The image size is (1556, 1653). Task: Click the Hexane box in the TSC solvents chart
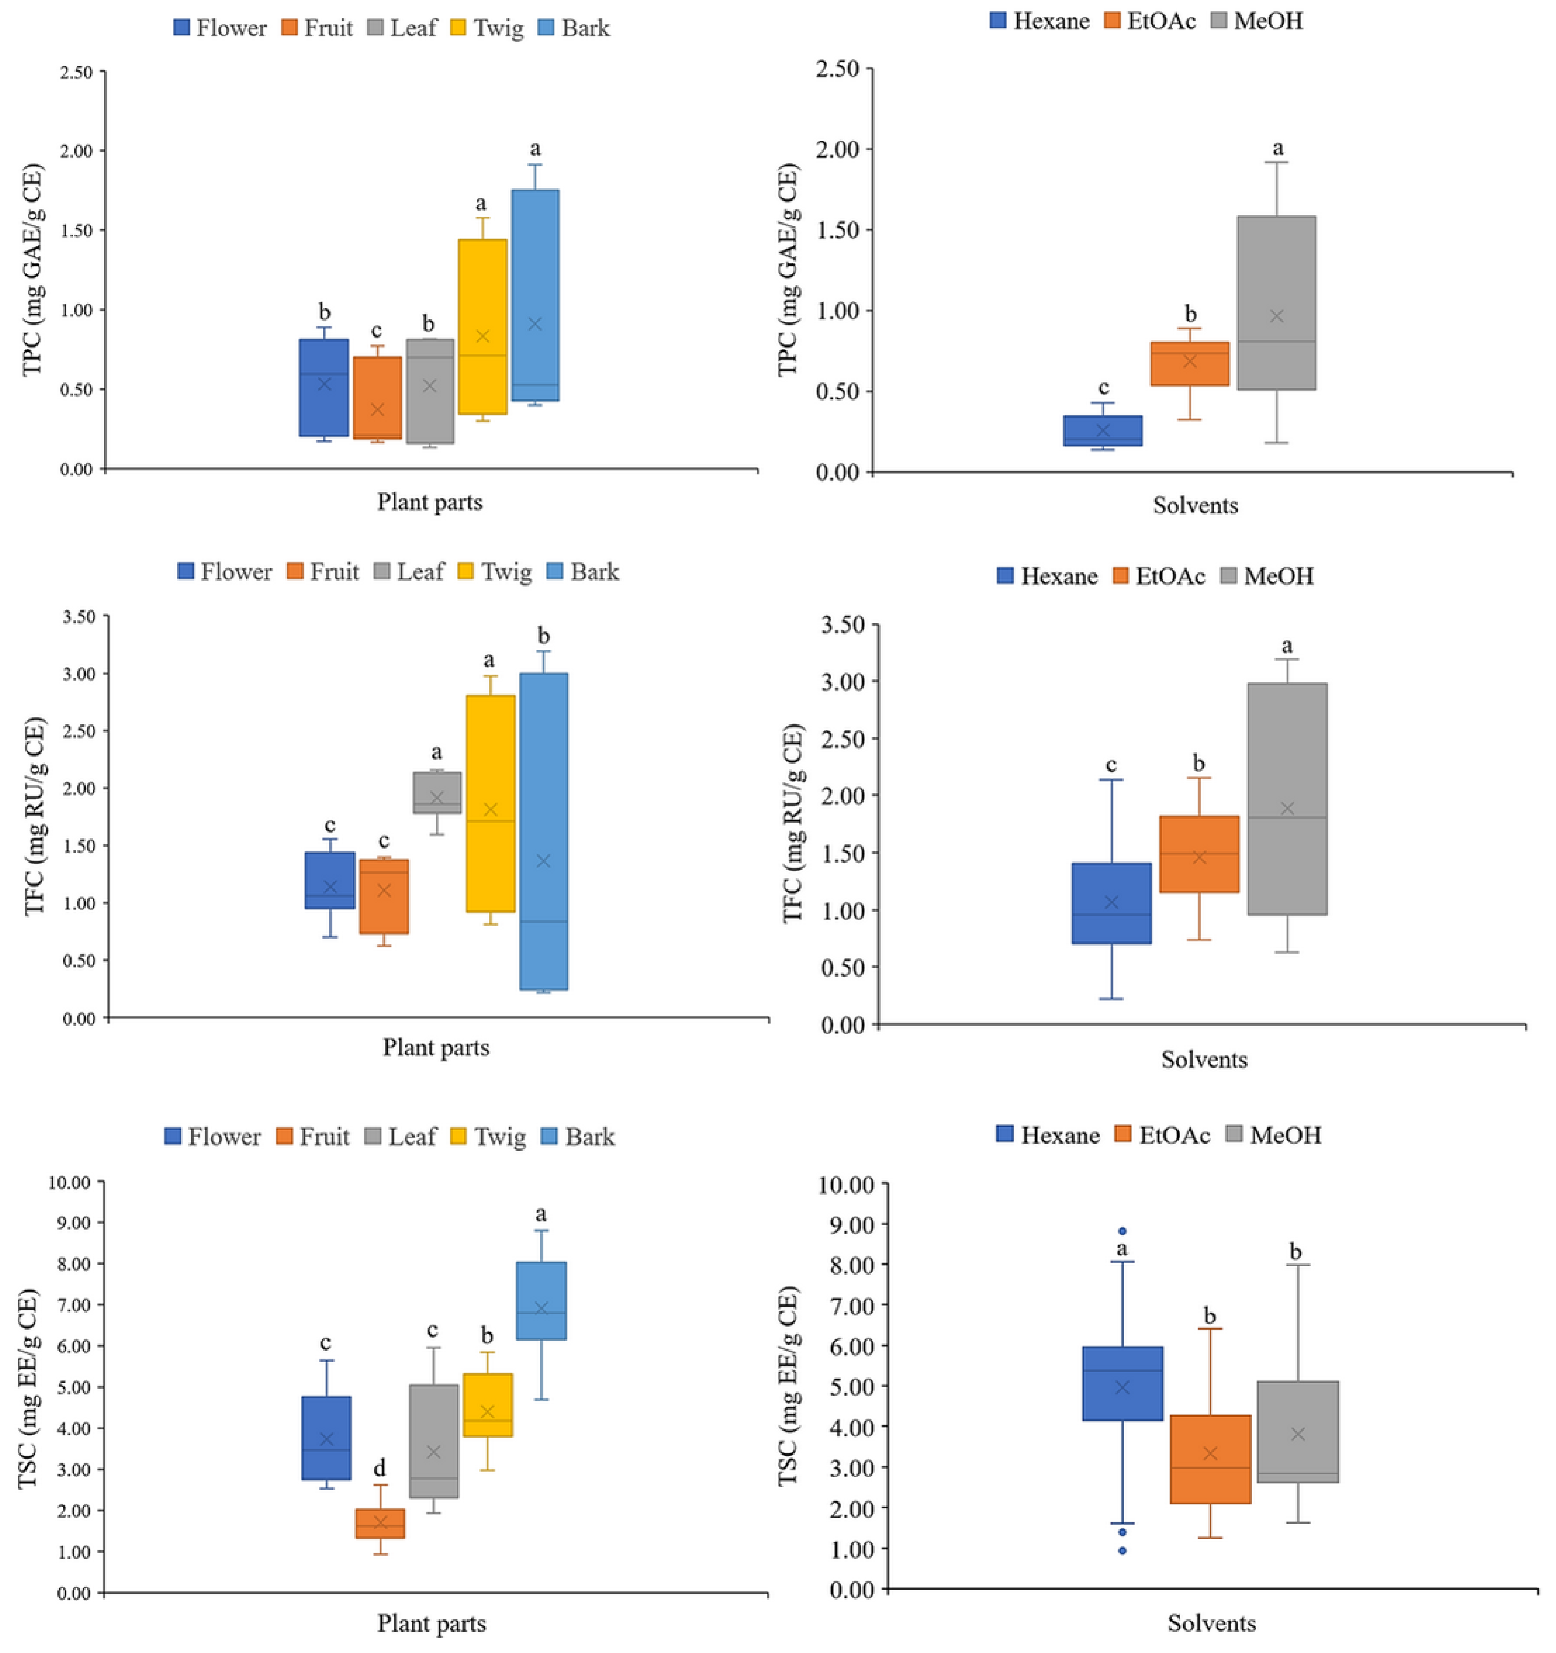pyautogui.click(x=1122, y=1383)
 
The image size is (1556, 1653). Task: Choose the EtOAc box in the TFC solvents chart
pyautogui.click(x=1198, y=854)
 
